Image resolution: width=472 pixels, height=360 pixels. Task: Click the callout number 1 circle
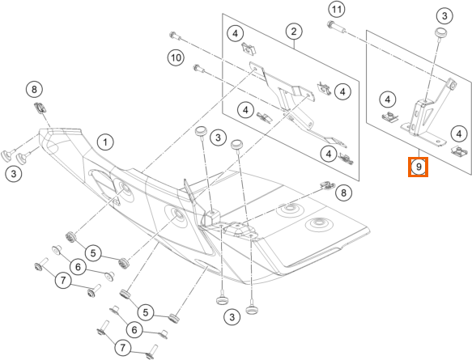coord(105,142)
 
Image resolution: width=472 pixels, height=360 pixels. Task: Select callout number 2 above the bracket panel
coord(294,32)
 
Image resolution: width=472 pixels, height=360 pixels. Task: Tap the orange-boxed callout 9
coord(418,167)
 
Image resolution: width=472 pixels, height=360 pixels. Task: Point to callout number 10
coord(176,57)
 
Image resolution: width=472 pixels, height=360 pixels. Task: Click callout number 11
coord(336,10)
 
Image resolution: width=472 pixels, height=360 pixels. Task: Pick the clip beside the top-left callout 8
coord(40,108)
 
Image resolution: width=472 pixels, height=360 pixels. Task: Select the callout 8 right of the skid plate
coord(343,193)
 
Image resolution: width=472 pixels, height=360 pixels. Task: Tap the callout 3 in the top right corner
coord(444,15)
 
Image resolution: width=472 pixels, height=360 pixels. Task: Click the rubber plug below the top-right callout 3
coord(440,32)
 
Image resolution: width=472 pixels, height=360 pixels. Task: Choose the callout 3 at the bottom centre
coord(232,316)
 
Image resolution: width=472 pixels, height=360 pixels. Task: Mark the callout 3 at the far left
coord(14,174)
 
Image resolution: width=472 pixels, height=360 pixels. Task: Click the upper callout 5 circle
coord(93,253)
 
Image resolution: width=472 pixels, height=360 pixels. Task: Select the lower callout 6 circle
coord(134,330)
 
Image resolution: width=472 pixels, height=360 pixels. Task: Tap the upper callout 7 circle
coord(63,281)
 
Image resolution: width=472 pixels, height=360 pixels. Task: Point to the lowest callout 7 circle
coord(122,348)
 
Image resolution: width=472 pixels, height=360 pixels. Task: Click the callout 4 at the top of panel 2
coord(235,33)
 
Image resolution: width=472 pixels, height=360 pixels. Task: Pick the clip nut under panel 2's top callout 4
coord(249,49)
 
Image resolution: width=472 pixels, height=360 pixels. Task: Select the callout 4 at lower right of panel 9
coord(459,133)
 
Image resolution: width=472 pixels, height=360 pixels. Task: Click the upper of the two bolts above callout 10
coord(176,36)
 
